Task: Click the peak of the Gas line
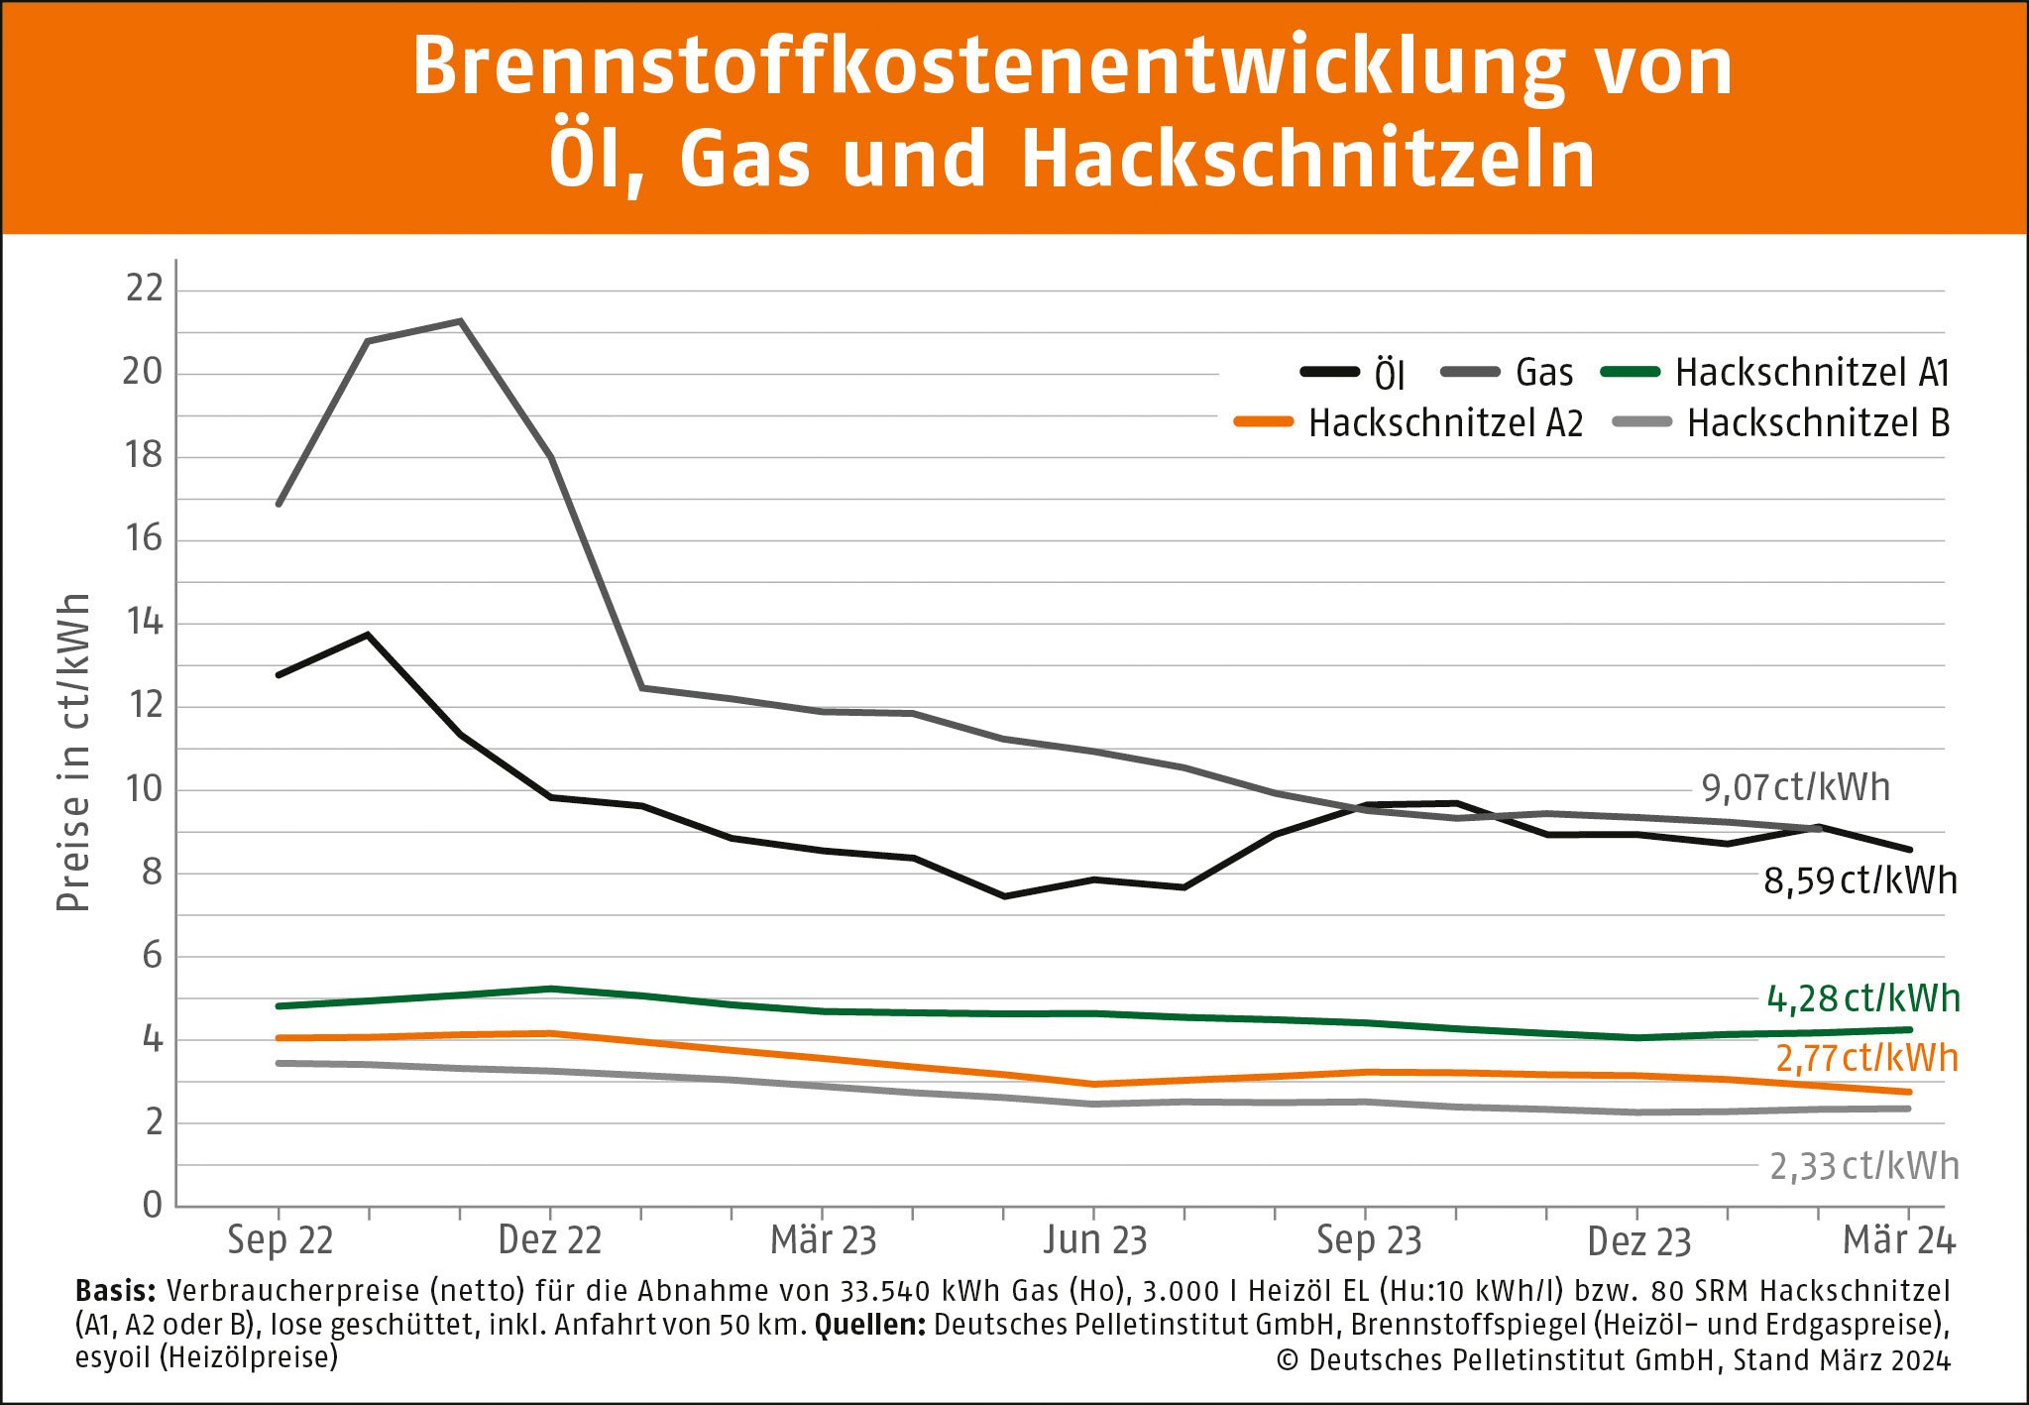point(460,321)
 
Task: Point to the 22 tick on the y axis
point(143,289)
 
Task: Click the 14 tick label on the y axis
point(143,623)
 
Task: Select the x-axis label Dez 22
point(549,1240)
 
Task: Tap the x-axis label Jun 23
point(1094,1240)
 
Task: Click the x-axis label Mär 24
point(1898,1240)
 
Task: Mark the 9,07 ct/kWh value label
point(1795,787)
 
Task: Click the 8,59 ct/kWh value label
point(1860,880)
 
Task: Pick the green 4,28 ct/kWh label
point(1862,998)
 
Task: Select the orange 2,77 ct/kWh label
point(1866,1058)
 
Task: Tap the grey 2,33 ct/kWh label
point(1863,1166)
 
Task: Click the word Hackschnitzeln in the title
point(1307,159)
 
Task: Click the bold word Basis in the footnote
point(115,1291)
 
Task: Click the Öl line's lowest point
point(1004,896)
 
